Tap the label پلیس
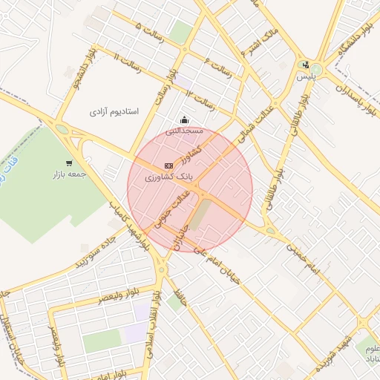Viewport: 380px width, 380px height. [x=306, y=76]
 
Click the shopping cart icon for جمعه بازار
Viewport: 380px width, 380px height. [x=69, y=163]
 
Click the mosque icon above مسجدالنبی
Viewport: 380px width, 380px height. [x=184, y=120]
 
